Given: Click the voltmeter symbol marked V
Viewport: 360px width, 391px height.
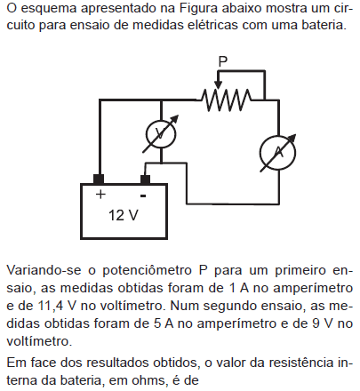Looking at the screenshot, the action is [161, 134].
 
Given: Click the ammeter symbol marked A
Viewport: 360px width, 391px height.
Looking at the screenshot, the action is [278, 153].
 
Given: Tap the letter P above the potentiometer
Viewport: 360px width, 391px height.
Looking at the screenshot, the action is [223, 61].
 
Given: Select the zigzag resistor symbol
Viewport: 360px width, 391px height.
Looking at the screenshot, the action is [226, 100].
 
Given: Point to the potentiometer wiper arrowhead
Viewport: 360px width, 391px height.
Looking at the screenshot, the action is [218, 84].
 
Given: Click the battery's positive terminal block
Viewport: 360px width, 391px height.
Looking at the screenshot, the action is [99, 180].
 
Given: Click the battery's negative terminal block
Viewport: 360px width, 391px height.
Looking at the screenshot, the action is [145, 180].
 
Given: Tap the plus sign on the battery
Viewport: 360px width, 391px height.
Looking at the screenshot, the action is [100, 195].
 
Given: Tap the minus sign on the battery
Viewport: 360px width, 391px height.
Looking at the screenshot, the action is [143, 195].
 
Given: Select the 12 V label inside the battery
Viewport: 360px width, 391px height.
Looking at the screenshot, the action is [124, 215].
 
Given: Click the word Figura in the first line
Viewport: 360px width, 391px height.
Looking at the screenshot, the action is [198, 8].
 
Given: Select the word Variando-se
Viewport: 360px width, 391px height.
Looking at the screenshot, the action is [44, 270].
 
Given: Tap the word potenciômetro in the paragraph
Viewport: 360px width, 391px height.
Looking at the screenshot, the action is [147, 271].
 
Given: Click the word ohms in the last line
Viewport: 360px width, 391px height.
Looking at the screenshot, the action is [148, 380].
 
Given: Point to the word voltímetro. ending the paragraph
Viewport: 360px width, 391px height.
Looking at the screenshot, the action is [39, 341].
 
